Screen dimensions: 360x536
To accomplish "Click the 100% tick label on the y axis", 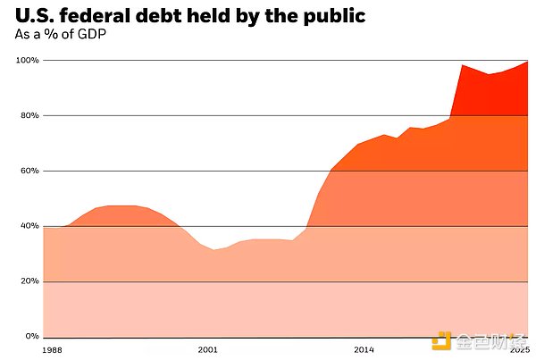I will [27, 61].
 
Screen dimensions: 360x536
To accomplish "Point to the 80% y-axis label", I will [29, 116].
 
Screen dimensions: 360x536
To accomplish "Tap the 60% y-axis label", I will [29, 172].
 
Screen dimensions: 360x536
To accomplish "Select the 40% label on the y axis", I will [29, 226].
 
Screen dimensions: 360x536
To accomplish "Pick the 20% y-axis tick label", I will [29, 281].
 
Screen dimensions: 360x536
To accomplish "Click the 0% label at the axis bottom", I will [31, 337].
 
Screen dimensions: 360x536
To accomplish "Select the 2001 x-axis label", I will [207, 348].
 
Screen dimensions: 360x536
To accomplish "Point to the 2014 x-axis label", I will [364, 348].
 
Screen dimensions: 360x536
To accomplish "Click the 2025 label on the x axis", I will [519, 348].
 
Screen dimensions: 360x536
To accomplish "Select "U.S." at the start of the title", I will [32, 17].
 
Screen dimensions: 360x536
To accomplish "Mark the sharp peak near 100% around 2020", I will [462, 65].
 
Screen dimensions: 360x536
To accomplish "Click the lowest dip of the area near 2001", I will [214, 250].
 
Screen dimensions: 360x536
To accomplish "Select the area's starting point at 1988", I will [44, 228].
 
